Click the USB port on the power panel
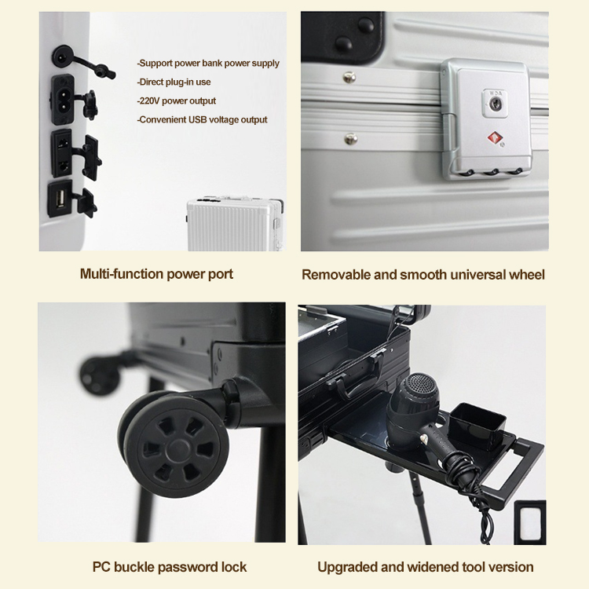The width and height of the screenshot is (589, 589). pyautogui.click(x=60, y=199)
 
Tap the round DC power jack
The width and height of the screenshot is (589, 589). pyautogui.click(x=61, y=57)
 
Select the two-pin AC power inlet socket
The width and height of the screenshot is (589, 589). pyautogui.click(x=62, y=99)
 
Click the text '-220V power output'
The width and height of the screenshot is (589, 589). pyautogui.click(x=176, y=101)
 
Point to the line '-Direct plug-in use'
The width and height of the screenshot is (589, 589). pyautogui.click(x=174, y=82)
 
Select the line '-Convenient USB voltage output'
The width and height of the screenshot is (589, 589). pyautogui.click(x=202, y=119)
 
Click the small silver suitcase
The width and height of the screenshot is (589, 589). pyautogui.click(x=235, y=223)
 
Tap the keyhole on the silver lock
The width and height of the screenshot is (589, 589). pyautogui.click(x=496, y=104)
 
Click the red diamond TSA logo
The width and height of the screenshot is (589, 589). pyautogui.click(x=495, y=138)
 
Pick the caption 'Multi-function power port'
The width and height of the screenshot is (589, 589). pyautogui.click(x=156, y=274)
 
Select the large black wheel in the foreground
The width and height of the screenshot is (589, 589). pyautogui.click(x=174, y=443)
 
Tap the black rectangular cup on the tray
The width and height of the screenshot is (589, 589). pyautogui.click(x=477, y=425)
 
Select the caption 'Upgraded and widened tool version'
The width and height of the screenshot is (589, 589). pyautogui.click(x=425, y=567)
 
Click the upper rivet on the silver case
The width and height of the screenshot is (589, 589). pyautogui.click(x=349, y=78)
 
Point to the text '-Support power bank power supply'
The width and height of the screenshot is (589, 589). pyautogui.click(x=208, y=63)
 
